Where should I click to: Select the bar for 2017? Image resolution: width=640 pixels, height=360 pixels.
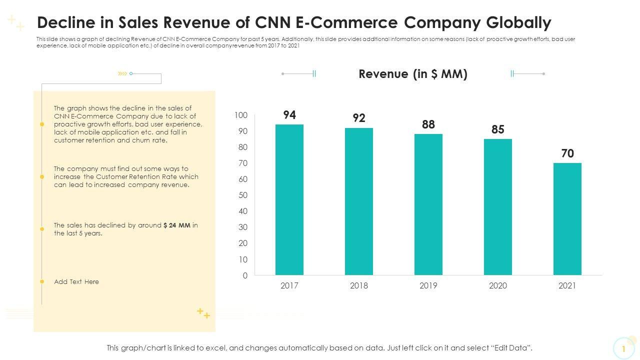pyautogui.click(x=289, y=199)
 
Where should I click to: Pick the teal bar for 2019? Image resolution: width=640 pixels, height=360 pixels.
pyautogui.click(x=428, y=204)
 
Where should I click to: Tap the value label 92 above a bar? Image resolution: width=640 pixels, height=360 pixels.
pyautogui.click(x=359, y=118)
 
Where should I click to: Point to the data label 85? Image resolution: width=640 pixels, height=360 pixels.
pyautogui.click(x=497, y=129)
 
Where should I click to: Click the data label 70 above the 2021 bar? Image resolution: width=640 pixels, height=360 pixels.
pyautogui.click(x=567, y=153)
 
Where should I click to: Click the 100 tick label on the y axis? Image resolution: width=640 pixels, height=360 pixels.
pyautogui.click(x=240, y=115)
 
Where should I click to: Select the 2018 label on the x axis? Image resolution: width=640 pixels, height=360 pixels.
pyautogui.click(x=359, y=285)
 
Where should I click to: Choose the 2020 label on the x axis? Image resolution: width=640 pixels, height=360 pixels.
pyautogui.click(x=497, y=285)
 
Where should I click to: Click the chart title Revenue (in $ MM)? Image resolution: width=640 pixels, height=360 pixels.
pyautogui.click(x=413, y=74)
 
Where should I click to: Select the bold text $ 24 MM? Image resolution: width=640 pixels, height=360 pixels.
pyautogui.click(x=177, y=225)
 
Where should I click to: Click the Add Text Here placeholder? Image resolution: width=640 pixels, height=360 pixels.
pyautogui.click(x=76, y=282)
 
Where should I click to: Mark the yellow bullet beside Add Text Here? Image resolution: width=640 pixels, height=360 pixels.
pyautogui.click(x=42, y=282)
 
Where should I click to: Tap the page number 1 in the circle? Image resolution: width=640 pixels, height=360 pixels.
pyautogui.click(x=623, y=348)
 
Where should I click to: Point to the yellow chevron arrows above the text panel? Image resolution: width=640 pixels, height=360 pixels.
pyautogui.click(x=122, y=73)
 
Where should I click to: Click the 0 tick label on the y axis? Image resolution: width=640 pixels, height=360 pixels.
pyautogui.click(x=245, y=275)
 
